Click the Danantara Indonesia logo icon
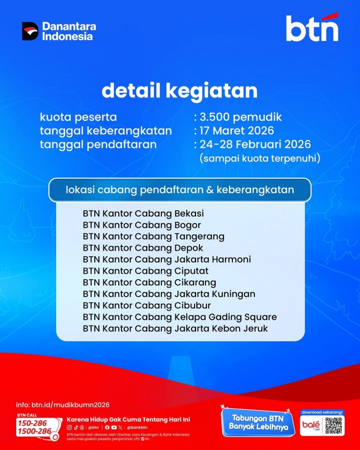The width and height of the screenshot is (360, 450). click(x=30, y=31)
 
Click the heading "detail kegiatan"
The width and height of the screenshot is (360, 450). click(x=180, y=91)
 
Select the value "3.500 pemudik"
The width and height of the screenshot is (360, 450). click(x=240, y=117)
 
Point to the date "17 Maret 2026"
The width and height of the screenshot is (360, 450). click(x=237, y=131)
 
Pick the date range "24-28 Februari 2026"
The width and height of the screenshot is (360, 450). click(x=255, y=144)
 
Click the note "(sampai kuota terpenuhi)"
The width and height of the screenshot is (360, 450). click(x=259, y=158)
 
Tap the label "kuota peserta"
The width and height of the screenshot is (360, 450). click(x=78, y=117)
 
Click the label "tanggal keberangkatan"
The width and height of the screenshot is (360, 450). click(x=106, y=131)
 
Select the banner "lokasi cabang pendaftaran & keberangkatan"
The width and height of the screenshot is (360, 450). click(x=180, y=190)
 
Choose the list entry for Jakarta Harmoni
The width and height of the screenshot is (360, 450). click(x=167, y=259)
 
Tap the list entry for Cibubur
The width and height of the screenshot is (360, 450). click(x=147, y=305)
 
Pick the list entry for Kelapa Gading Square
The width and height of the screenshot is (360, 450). click(x=180, y=317)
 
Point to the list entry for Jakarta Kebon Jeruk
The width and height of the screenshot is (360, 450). click(x=175, y=328)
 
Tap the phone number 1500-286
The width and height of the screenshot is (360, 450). click(x=34, y=431)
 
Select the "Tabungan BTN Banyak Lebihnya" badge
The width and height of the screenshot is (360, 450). click(x=258, y=423)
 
